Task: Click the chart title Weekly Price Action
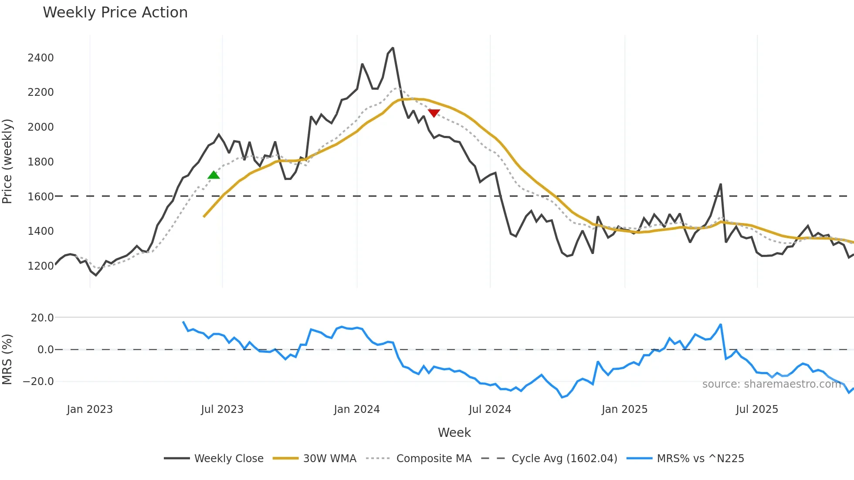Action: (x=115, y=13)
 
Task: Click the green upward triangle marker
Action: (x=213, y=175)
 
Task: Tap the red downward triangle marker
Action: (x=434, y=113)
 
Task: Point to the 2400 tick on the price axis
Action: (x=41, y=58)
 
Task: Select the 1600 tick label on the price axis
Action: (x=41, y=196)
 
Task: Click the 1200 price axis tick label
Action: (x=41, y=266)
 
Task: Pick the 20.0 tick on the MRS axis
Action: (x=42, y=318)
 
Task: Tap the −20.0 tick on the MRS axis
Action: (x=38, y=382)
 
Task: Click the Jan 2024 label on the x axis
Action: (x=357, y=409)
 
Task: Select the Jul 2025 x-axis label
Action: (x=757, y=409)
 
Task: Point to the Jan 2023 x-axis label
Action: (x=90, y=409)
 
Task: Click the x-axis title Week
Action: (x=454, y=433)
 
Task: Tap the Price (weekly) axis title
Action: (x=7, y=161)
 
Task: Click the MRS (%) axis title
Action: (x=7, y=359)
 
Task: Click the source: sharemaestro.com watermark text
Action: (x=771, y=384)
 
